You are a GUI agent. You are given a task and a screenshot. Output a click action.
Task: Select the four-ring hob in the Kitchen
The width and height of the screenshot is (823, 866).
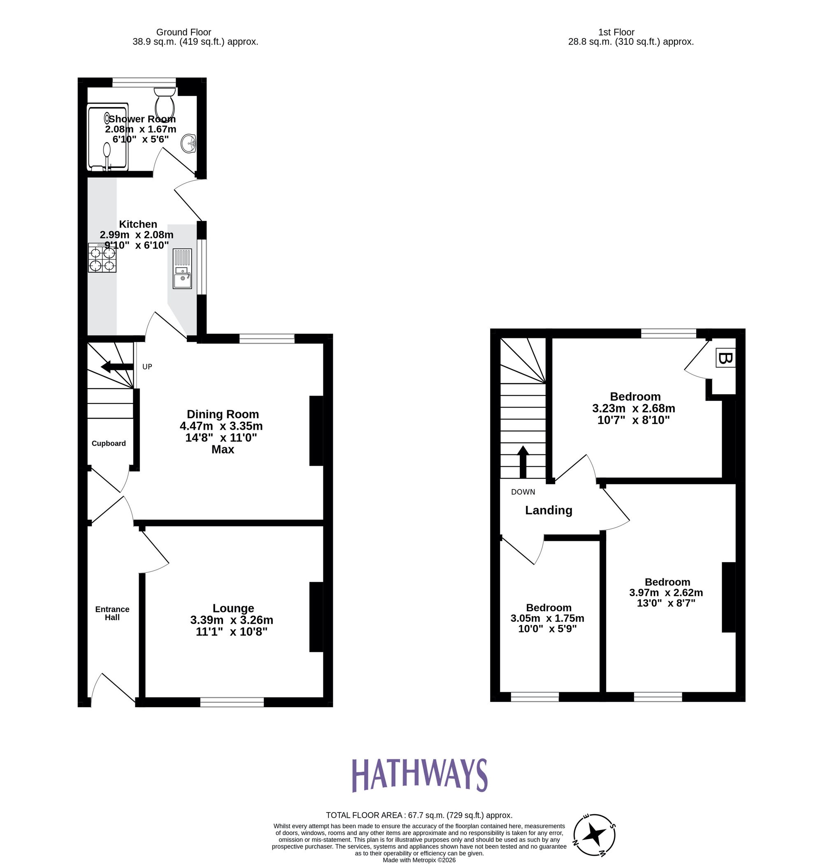tap(102, 258)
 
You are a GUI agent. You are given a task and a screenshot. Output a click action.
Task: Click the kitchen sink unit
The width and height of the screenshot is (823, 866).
tap(182, 268)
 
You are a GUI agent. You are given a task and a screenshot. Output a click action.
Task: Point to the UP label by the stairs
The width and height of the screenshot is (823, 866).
tap(147, 367)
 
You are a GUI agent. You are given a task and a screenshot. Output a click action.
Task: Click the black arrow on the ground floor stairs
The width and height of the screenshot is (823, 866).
tap(117, 367)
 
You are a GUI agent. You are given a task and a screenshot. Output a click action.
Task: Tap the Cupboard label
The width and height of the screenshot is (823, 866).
tap(109, 444)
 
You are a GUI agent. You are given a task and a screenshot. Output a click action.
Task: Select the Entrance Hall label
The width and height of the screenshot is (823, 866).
tap(112, 613)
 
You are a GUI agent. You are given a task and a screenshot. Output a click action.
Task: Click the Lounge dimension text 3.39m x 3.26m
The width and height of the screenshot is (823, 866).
tap(232, 620)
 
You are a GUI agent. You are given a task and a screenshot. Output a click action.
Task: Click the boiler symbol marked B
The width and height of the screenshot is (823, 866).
tap(725, 359)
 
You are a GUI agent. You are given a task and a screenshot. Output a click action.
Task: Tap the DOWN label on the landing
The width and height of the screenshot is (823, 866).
tap(523, 492)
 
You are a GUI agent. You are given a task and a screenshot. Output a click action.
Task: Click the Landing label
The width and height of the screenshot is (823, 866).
tap(549, 510)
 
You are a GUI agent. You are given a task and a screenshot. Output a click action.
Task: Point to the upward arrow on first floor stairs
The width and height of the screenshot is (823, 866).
tap(523, 461)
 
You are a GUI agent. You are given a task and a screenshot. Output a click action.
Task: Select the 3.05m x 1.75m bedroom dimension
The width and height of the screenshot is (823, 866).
tap(547, 619)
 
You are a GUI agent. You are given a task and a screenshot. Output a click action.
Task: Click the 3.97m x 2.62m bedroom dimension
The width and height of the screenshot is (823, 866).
tap(666, 593)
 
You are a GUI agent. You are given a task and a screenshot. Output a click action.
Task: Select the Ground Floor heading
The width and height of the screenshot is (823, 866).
tap(184, 32)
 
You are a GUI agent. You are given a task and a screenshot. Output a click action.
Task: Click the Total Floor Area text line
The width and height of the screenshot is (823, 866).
tap(419, 815)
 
